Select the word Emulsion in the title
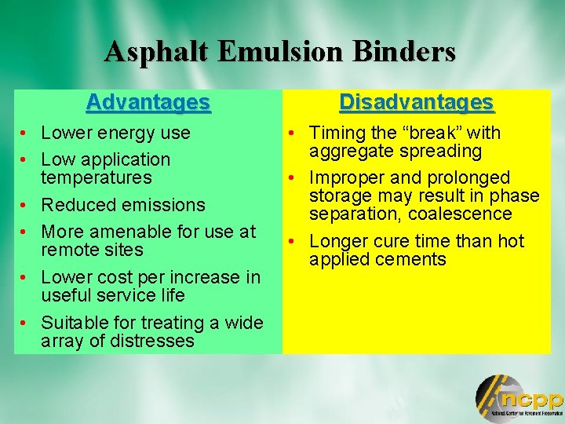[x=280, y=52]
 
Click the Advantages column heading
[x=148, y=102]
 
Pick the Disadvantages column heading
[x=416, y=102]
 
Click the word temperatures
[x=96, y=177]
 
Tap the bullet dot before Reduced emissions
[x=26, y=205]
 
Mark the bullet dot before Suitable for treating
[x=26, y=323]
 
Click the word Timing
[x=336, y=133]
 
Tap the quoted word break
[x=433, y=133]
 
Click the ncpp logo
[x=518, y=398]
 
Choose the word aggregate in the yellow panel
[x=348, y=151]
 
